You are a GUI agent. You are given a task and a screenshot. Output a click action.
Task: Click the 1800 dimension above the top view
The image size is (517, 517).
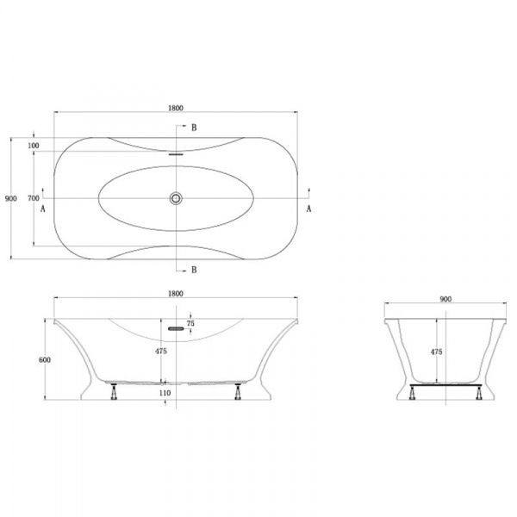coord(176,108)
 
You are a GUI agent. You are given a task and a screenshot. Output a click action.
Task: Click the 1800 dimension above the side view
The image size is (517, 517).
coord(176,294)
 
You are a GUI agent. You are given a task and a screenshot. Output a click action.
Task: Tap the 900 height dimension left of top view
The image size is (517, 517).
coord(11,198)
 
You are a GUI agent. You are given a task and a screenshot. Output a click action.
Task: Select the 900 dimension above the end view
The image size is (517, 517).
coord(445,299)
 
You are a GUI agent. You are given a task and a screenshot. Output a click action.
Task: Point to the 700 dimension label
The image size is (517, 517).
coord(34,198)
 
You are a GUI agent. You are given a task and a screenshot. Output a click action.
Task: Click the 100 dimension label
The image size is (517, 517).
coord(34,146)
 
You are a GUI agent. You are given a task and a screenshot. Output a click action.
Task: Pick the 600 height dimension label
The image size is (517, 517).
coord(45,359)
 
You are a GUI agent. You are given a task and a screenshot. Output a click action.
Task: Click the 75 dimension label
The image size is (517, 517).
coord(190,323)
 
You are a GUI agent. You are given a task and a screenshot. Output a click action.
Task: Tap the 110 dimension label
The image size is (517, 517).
coord(165,393)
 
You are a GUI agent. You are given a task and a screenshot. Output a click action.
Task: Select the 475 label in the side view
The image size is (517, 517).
coord(161,352)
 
